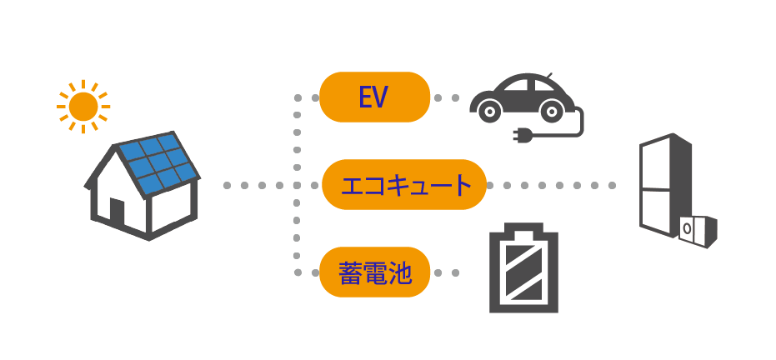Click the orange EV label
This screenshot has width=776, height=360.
click(374, 97)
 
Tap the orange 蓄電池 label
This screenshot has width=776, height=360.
click(374, 272)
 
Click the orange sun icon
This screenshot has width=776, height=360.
click(83, 106)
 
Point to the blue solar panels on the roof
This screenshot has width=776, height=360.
click(158, 164)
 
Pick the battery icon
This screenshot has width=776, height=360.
click(523, 270)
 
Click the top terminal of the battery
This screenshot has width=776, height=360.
click(523, 227)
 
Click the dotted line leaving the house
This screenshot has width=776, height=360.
click(258, 184)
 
